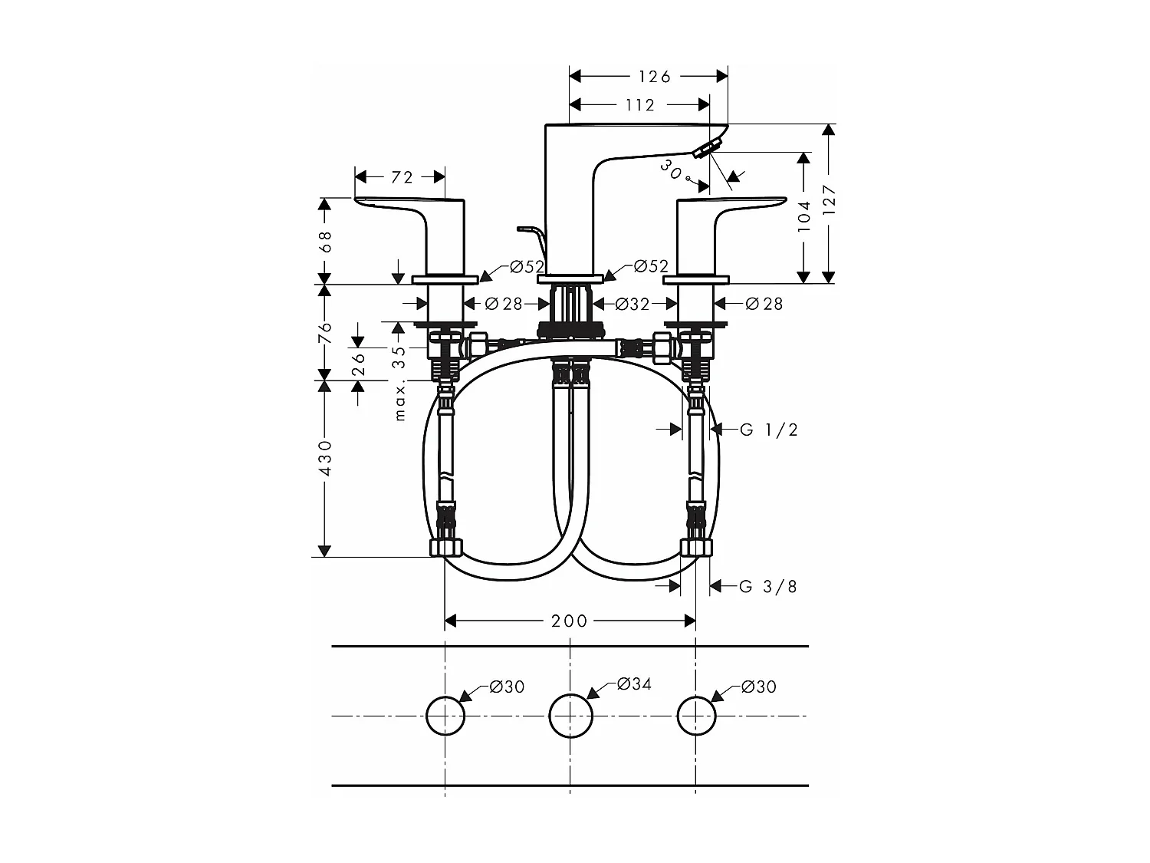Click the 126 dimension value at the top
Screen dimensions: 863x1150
pos(654,76)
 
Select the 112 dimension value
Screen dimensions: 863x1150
pos(640,104)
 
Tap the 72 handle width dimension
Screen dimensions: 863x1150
pos(402,177)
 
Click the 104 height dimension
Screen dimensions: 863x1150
pos(803,216)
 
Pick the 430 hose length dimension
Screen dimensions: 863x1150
pos(325,458)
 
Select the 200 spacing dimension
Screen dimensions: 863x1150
pos(569,621)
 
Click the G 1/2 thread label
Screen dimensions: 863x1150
pos(769,430)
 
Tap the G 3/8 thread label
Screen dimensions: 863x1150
pos(768,587)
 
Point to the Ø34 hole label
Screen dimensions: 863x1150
pos(634,683)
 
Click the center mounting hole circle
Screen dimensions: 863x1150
pos(571,716)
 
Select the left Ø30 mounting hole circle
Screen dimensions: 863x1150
pos(445,716)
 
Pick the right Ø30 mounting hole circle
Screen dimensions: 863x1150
pos(696,716)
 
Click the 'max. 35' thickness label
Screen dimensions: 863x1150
pos(399,383)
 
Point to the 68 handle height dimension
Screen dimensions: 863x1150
pos(325,241)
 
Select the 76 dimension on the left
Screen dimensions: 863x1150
pos(325,331)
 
